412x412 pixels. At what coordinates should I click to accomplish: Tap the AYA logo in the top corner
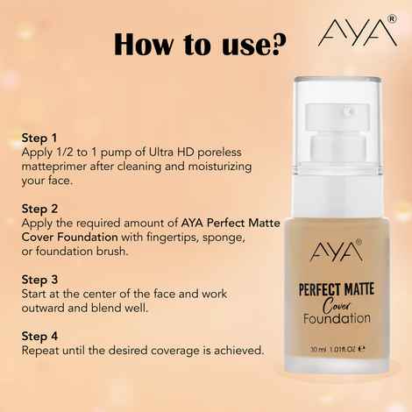coord(356,32)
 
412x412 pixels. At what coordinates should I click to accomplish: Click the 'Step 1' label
coord(39,139)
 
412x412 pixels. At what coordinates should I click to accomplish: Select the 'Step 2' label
coord(39,209)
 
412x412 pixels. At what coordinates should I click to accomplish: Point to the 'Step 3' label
coord(39,279)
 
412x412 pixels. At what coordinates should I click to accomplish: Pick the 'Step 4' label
coord(39,336)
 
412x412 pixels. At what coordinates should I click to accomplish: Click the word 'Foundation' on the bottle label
coord(334,318)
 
